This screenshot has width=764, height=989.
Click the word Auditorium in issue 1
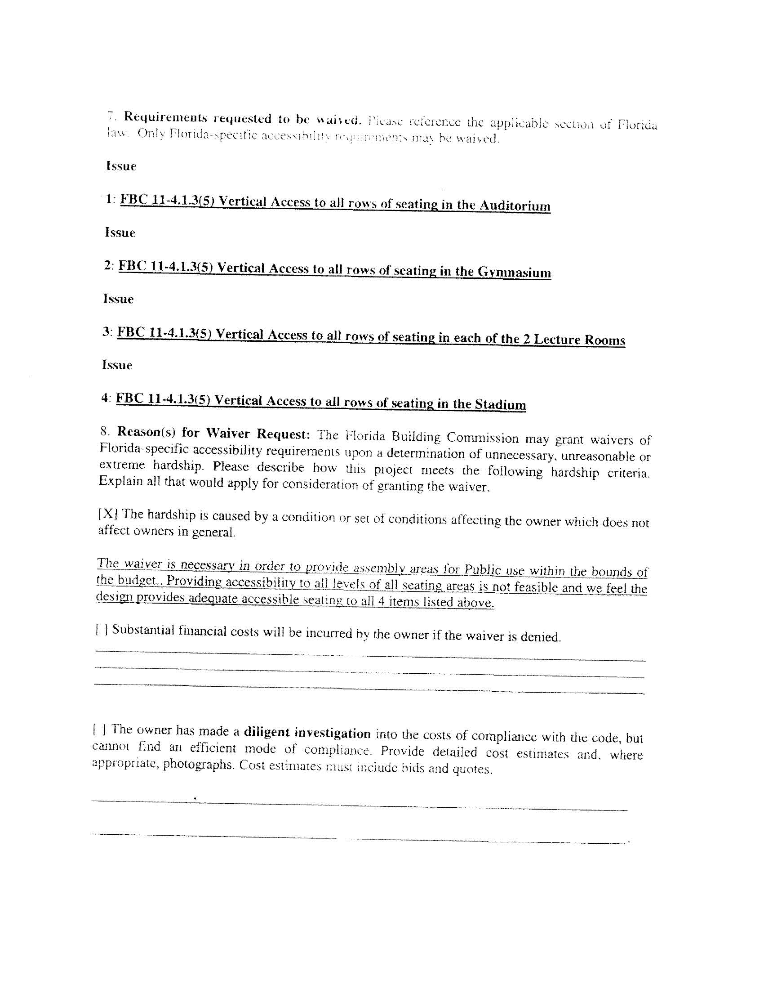click(x=515, y=206)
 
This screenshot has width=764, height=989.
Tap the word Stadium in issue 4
click(x=500, y=404)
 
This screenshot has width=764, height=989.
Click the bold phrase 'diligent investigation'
click(x=307, y=733)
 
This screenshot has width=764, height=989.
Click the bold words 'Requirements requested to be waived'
click(x=243, y=119)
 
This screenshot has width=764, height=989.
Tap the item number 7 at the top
click(x=110, y=116)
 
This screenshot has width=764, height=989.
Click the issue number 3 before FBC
click(x=106, y=331)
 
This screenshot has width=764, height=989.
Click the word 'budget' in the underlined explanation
click(x=136, y=580)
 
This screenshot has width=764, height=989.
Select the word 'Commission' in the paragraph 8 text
click(x=483, y=438)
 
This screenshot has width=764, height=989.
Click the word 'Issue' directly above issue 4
click(x=117, y=365)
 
